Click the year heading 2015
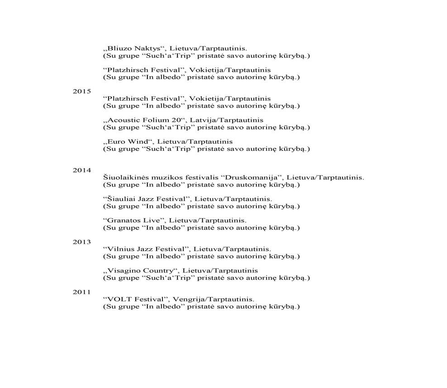(x=82, y=91)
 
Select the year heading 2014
(x=82, y=170)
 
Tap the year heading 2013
(x=82, y=242)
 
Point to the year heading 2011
(x=82, y=292)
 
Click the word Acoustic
(x=124, y=120)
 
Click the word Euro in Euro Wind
(x=116, y=142)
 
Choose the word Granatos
(x=123, y=220)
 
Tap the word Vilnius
(x=119, y=249)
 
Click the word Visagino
(x=124, y=271)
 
